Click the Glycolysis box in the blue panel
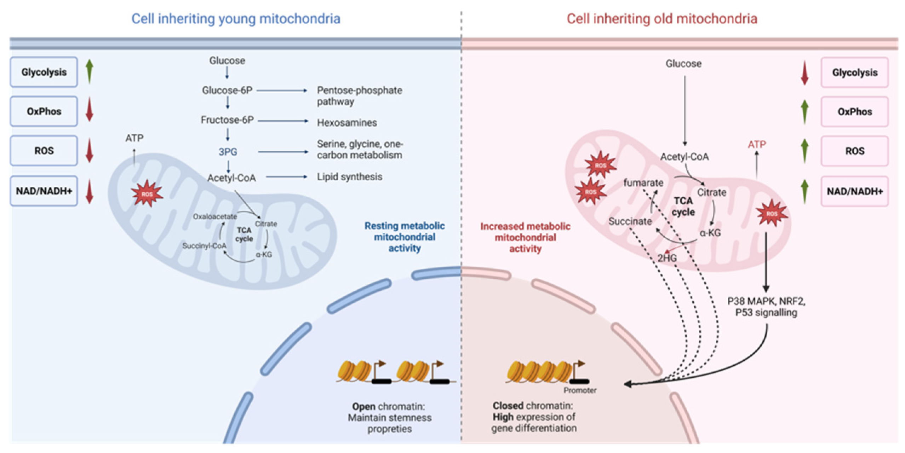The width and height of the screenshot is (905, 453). coord(44,72)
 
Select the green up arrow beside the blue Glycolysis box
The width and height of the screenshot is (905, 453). coord(90,71)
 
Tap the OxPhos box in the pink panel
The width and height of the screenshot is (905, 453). coord(854,112)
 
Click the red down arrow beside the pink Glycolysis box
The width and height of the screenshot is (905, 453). coord(804,72)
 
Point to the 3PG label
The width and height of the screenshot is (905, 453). coord(228,152)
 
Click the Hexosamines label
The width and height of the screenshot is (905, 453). coord(347,123)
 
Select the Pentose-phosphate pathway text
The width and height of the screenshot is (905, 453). coord(359,96)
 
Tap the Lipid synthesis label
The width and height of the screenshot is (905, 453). coord(349,177)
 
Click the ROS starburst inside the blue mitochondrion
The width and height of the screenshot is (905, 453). coord(147,194)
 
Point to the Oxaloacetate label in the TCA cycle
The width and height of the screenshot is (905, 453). coord(215,216)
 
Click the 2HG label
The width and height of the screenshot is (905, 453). coord(667,258)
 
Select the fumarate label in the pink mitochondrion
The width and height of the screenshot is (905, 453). coord(643,183)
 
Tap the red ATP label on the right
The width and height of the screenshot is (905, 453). coord(757,144)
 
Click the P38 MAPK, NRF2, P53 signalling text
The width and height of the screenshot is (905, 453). coord(766,307)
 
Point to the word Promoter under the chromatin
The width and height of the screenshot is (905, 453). coord(580,390)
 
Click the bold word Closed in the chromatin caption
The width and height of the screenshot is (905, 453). coord(508,406)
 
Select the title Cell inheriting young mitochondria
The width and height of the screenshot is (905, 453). coord(236,19)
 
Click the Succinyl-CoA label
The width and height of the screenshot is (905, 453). coord(204,246)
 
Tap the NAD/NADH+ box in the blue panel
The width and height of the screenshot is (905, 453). coord(44,191)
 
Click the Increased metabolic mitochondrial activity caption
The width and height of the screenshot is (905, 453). coord(525,237)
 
